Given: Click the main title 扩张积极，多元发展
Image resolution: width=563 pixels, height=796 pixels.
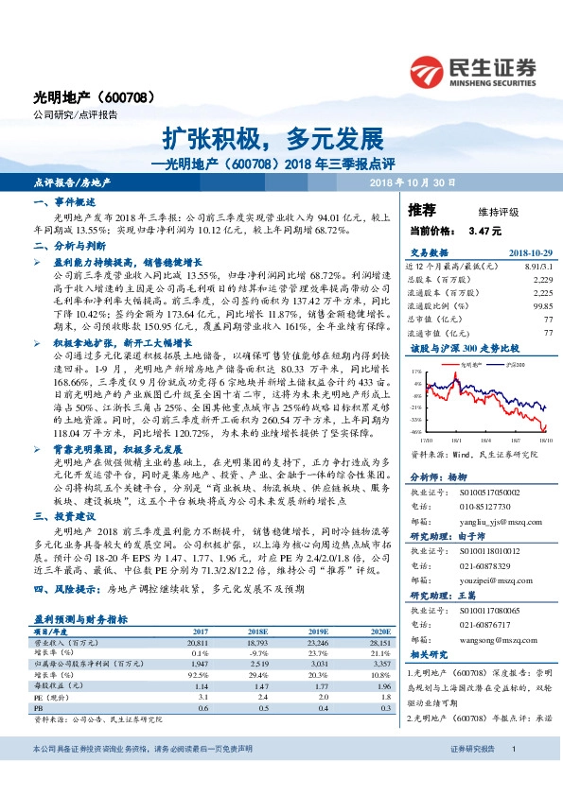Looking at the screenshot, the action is point(281,138).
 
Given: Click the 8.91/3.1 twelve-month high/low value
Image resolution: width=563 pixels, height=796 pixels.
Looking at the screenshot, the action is point(536,268).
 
